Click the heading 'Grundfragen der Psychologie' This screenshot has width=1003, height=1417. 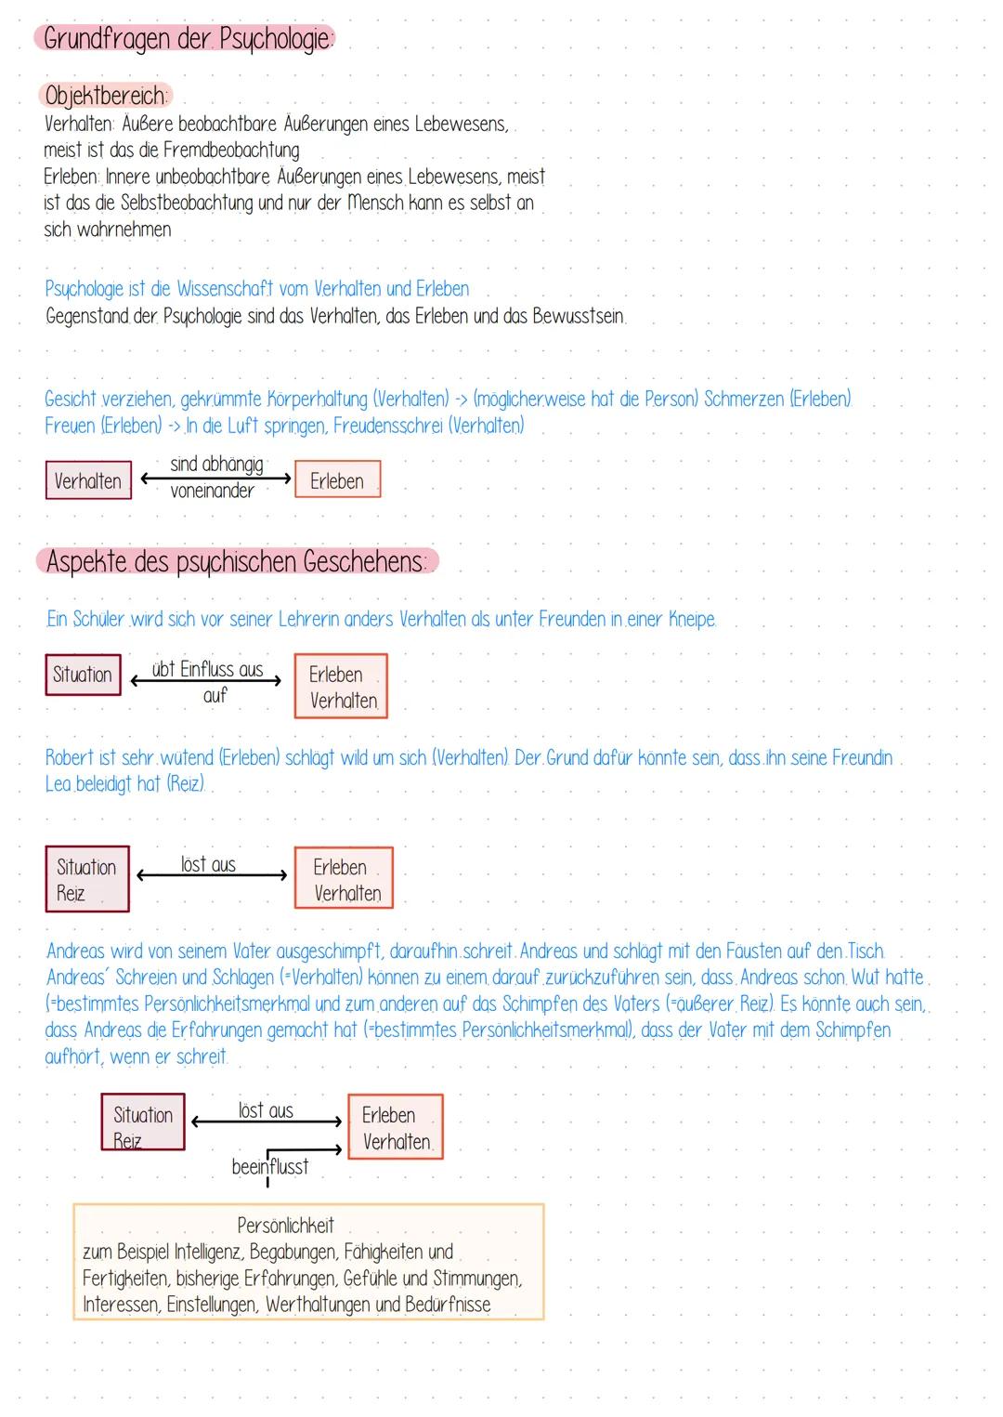[x=186, y=39]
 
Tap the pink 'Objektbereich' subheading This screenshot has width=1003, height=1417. [x=105, y=96]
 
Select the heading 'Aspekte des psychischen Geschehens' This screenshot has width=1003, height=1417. [x=237, y=562]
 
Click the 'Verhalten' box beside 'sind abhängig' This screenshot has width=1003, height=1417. [x=88, y=480]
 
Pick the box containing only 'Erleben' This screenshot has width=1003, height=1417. [x=337, y=480]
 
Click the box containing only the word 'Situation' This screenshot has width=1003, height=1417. [x=83, y=675]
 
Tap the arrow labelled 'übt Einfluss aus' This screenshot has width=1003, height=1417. [x=206, y=681]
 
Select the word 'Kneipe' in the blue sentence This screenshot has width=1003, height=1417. [x=692, y=620]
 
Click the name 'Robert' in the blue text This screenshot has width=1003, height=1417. [x=71, y=758]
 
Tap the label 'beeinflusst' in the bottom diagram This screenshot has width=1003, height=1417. [x=270, y=1167]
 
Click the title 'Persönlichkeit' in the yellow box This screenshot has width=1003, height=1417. [x=285, y=1226]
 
